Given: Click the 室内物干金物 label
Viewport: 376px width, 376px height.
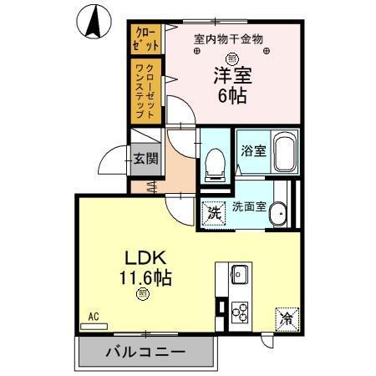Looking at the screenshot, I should point(228,38).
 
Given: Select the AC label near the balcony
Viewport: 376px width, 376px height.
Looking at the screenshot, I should point(94,318).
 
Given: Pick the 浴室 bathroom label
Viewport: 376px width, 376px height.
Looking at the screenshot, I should point(252,152).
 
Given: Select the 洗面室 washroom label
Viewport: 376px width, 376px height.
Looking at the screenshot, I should point(249,206).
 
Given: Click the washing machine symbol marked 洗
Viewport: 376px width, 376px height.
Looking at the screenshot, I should point(213,212).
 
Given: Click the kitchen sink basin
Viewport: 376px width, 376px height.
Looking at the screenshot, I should point(240,275).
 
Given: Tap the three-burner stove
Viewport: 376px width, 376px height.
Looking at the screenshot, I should point(240,312).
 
